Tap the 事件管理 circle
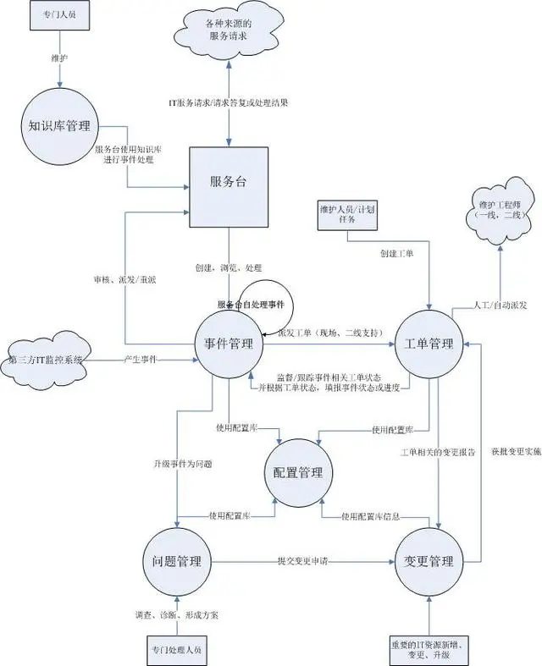tap(229, 344)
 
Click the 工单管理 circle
tap(429, 344)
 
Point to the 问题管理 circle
tap(175, 562)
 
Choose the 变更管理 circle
tap(429, 562)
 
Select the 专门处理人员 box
tap(175, 650)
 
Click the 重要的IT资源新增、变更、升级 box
tap(430, 648)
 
